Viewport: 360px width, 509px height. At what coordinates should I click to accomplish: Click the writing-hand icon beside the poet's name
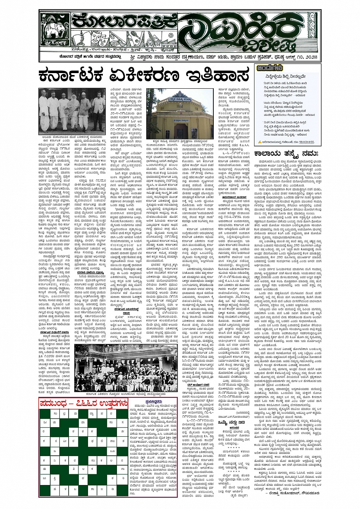(x=259, y=141)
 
